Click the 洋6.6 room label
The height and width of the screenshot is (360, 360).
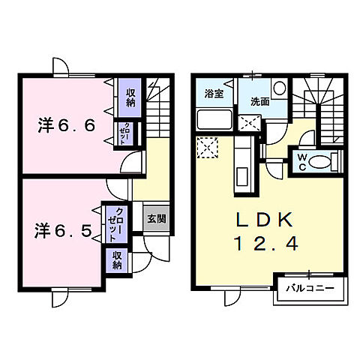[67, 126]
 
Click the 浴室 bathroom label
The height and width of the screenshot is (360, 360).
[214, 94]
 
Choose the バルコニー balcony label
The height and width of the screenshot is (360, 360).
[310, 289]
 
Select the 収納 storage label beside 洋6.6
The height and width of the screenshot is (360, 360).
[130, 97]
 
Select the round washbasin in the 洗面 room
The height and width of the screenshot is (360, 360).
[279, 89]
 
